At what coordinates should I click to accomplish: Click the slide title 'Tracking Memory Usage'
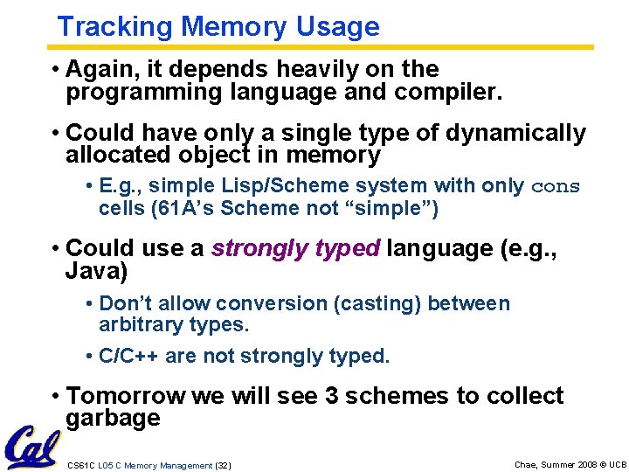click(218, 26)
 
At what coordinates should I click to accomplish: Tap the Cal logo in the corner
click(31, 447)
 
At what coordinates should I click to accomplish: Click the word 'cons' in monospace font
click(556, 187)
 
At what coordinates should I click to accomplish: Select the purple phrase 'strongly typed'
click(295, 249)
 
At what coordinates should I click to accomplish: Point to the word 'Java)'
click(96, 271)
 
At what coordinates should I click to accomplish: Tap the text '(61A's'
click(189, 209)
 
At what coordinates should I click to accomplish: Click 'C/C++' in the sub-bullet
click(128, 357)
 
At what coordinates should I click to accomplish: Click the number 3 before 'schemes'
click(332, 396)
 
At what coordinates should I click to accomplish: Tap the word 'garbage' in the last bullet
click(113, 418)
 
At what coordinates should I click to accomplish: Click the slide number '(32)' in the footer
click(223, 465)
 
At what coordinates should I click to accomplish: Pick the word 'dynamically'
click(515, 134)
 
